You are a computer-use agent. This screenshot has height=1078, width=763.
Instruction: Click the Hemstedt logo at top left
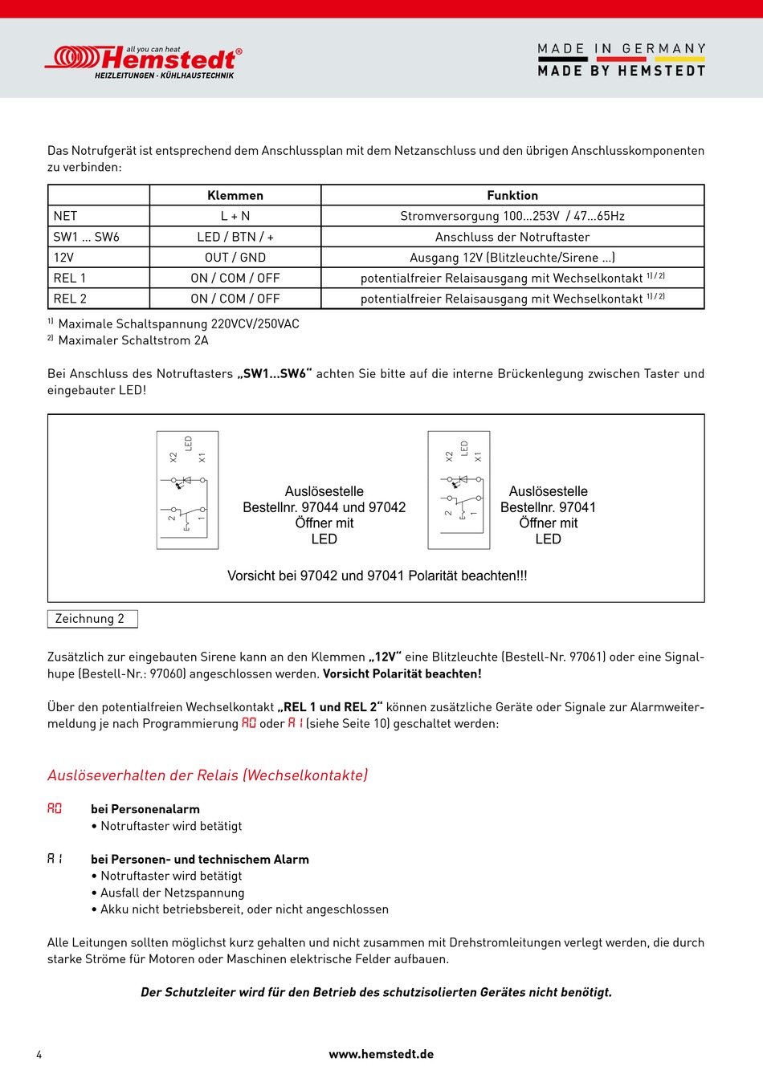coord(143,61)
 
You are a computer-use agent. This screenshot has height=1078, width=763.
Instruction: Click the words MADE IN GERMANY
coord(621,49)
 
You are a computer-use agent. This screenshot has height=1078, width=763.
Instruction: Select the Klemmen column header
coord(235,196)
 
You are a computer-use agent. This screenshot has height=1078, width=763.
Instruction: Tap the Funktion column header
coord(512,196)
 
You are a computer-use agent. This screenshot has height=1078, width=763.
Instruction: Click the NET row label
coord(66,216)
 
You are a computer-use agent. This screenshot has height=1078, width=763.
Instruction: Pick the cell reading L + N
coord(235,216)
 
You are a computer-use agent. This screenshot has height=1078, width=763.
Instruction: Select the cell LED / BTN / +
coord(235,237)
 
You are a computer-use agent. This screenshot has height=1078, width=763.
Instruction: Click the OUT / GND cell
coord(235,258)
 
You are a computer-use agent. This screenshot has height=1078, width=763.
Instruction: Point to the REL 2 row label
coord(70,299)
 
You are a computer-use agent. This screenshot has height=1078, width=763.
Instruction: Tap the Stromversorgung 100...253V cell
coord(512,216)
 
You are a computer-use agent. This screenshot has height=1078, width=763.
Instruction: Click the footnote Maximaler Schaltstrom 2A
coord(133,340)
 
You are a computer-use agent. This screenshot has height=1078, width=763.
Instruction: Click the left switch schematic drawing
coord(187,490)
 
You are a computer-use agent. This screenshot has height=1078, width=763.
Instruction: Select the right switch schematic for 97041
coord(459,490)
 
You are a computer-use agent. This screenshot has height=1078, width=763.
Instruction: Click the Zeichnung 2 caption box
coord(92,619)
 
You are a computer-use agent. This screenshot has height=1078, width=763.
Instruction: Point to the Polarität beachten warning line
coord(377,576)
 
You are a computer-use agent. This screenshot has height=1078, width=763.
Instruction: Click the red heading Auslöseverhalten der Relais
coord(207,775)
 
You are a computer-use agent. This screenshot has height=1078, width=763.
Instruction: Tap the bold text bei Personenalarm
coord(145,809)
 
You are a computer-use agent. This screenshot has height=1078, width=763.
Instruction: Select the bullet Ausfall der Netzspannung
coord(172,893)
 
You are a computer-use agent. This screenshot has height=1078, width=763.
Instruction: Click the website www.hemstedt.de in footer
coord(381,1054)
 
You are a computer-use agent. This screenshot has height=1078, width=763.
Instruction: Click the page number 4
coord(39,1054)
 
